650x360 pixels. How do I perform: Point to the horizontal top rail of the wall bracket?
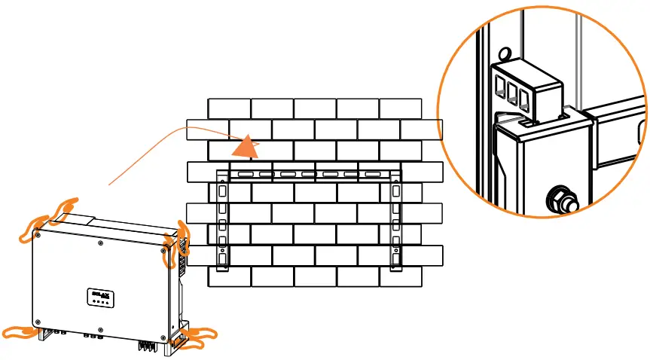click(309, 174)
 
